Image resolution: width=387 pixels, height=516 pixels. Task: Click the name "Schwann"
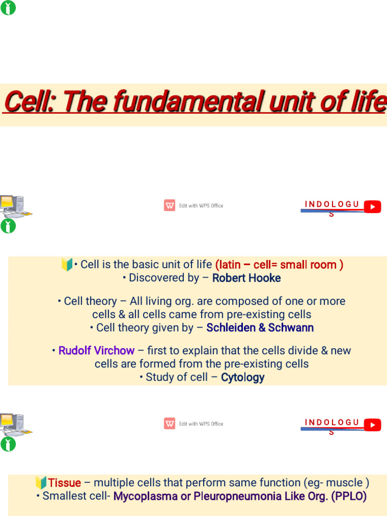pos(291,328)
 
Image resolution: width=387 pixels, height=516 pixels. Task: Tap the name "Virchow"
pos(115,351)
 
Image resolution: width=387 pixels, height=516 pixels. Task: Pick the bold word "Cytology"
pos(242,377)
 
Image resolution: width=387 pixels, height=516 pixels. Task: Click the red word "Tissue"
pos(64,483)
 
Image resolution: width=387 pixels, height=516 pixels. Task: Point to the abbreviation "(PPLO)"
pos(349,496)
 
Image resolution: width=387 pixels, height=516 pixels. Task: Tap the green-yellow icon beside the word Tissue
pos(41,483)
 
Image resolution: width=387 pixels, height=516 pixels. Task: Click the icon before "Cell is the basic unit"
pos(67,265)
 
